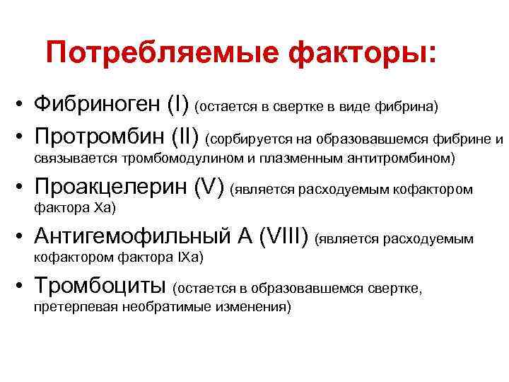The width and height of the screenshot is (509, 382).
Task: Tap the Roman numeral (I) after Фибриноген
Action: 178,105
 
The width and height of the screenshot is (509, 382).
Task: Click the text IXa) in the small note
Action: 189,258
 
